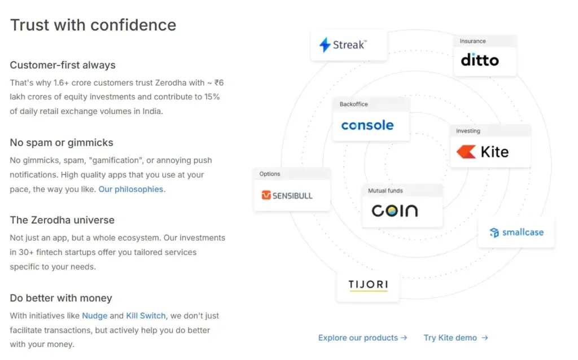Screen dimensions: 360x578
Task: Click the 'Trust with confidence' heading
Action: click(x=93, y=25)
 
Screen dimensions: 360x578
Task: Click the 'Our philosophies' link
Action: click(x=132, y=190)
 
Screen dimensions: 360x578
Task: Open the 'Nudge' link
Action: click(x=94, y=316)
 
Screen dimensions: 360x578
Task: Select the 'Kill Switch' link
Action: click(x=146, y=316)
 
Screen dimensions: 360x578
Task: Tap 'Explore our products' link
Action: click(x=362, y=338)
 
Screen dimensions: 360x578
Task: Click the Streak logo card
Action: click(x=349, y=45)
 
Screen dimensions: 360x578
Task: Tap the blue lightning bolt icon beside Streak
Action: click(x=325, y=45)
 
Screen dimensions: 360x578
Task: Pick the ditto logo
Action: click(x=480, y=60)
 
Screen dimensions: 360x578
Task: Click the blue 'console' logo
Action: click(x=367, y=125)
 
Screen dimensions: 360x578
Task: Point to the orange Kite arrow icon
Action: click(x=466, y=152)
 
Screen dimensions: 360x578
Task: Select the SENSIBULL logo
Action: click(x=287, y=196)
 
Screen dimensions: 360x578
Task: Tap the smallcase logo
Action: click(x=516, y=232)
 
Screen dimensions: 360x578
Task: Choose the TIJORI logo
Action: click(x=368, y=284)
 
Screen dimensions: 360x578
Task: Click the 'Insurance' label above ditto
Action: click(x=472, y=41)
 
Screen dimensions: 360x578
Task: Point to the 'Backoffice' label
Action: click(x=353, y=104)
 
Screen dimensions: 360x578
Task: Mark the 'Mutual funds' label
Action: click(x=386, y=191)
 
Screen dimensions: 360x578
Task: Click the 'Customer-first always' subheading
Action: click(x=63, y=65)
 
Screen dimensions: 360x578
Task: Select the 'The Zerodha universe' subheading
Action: click(x=62, y=220)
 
